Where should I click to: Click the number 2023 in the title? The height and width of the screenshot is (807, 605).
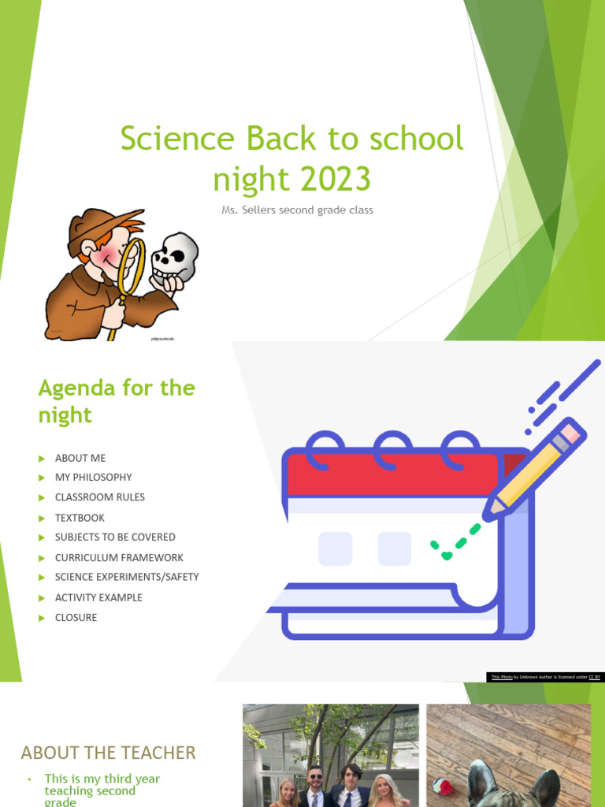pos(330,179)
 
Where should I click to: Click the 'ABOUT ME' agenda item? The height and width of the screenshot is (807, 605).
pos(80,458)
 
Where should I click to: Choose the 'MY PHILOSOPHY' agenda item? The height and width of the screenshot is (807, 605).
pos(93,477)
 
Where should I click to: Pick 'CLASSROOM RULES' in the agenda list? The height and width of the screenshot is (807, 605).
pos(99,497)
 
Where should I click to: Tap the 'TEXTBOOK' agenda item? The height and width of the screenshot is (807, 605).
pos(80,518)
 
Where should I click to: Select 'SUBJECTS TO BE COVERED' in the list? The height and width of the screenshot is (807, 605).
pos(115,537)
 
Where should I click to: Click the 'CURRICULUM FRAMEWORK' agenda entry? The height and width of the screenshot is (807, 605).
pos(119,557)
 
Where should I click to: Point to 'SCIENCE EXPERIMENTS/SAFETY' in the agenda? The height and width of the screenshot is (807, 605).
pos(127,577)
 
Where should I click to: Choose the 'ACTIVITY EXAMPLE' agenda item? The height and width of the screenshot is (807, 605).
pos(98,597)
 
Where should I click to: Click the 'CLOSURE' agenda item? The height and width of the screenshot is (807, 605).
pos(76,617)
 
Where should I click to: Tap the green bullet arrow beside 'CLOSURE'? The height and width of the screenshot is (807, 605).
pos(42,618)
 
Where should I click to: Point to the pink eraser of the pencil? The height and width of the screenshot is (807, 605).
pos(570,433)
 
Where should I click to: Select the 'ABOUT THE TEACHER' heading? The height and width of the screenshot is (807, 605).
pos(108,753)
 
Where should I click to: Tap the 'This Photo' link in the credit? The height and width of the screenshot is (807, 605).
pos(502,677)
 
